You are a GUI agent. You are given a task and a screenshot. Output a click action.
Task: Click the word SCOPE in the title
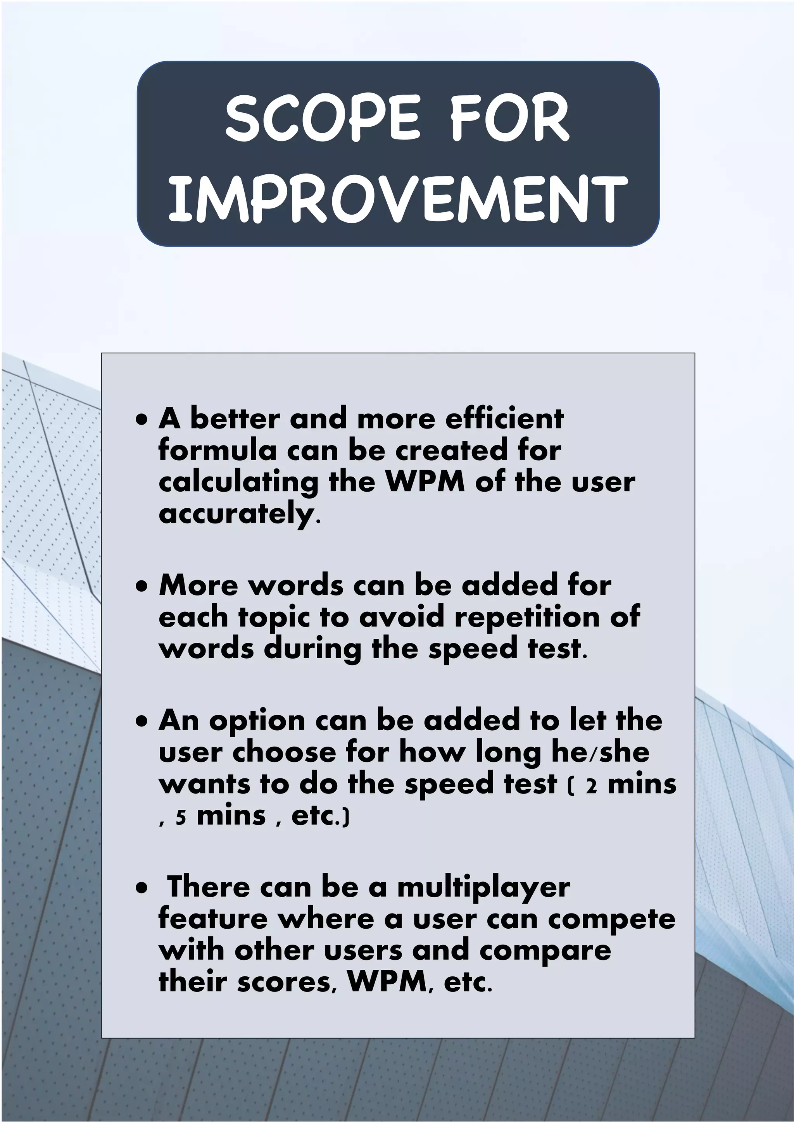322,118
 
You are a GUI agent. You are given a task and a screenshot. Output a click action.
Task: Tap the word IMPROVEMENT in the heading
397,199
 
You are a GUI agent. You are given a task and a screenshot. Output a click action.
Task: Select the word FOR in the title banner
509,118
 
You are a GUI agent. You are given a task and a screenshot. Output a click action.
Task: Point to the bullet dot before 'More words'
142,587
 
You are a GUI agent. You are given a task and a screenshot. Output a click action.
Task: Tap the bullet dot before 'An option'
142,722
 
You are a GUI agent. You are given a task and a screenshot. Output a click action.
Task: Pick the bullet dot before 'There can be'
142,888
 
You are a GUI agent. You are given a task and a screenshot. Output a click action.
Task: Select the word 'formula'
217,450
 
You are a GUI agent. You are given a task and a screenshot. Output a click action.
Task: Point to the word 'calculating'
238,483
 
